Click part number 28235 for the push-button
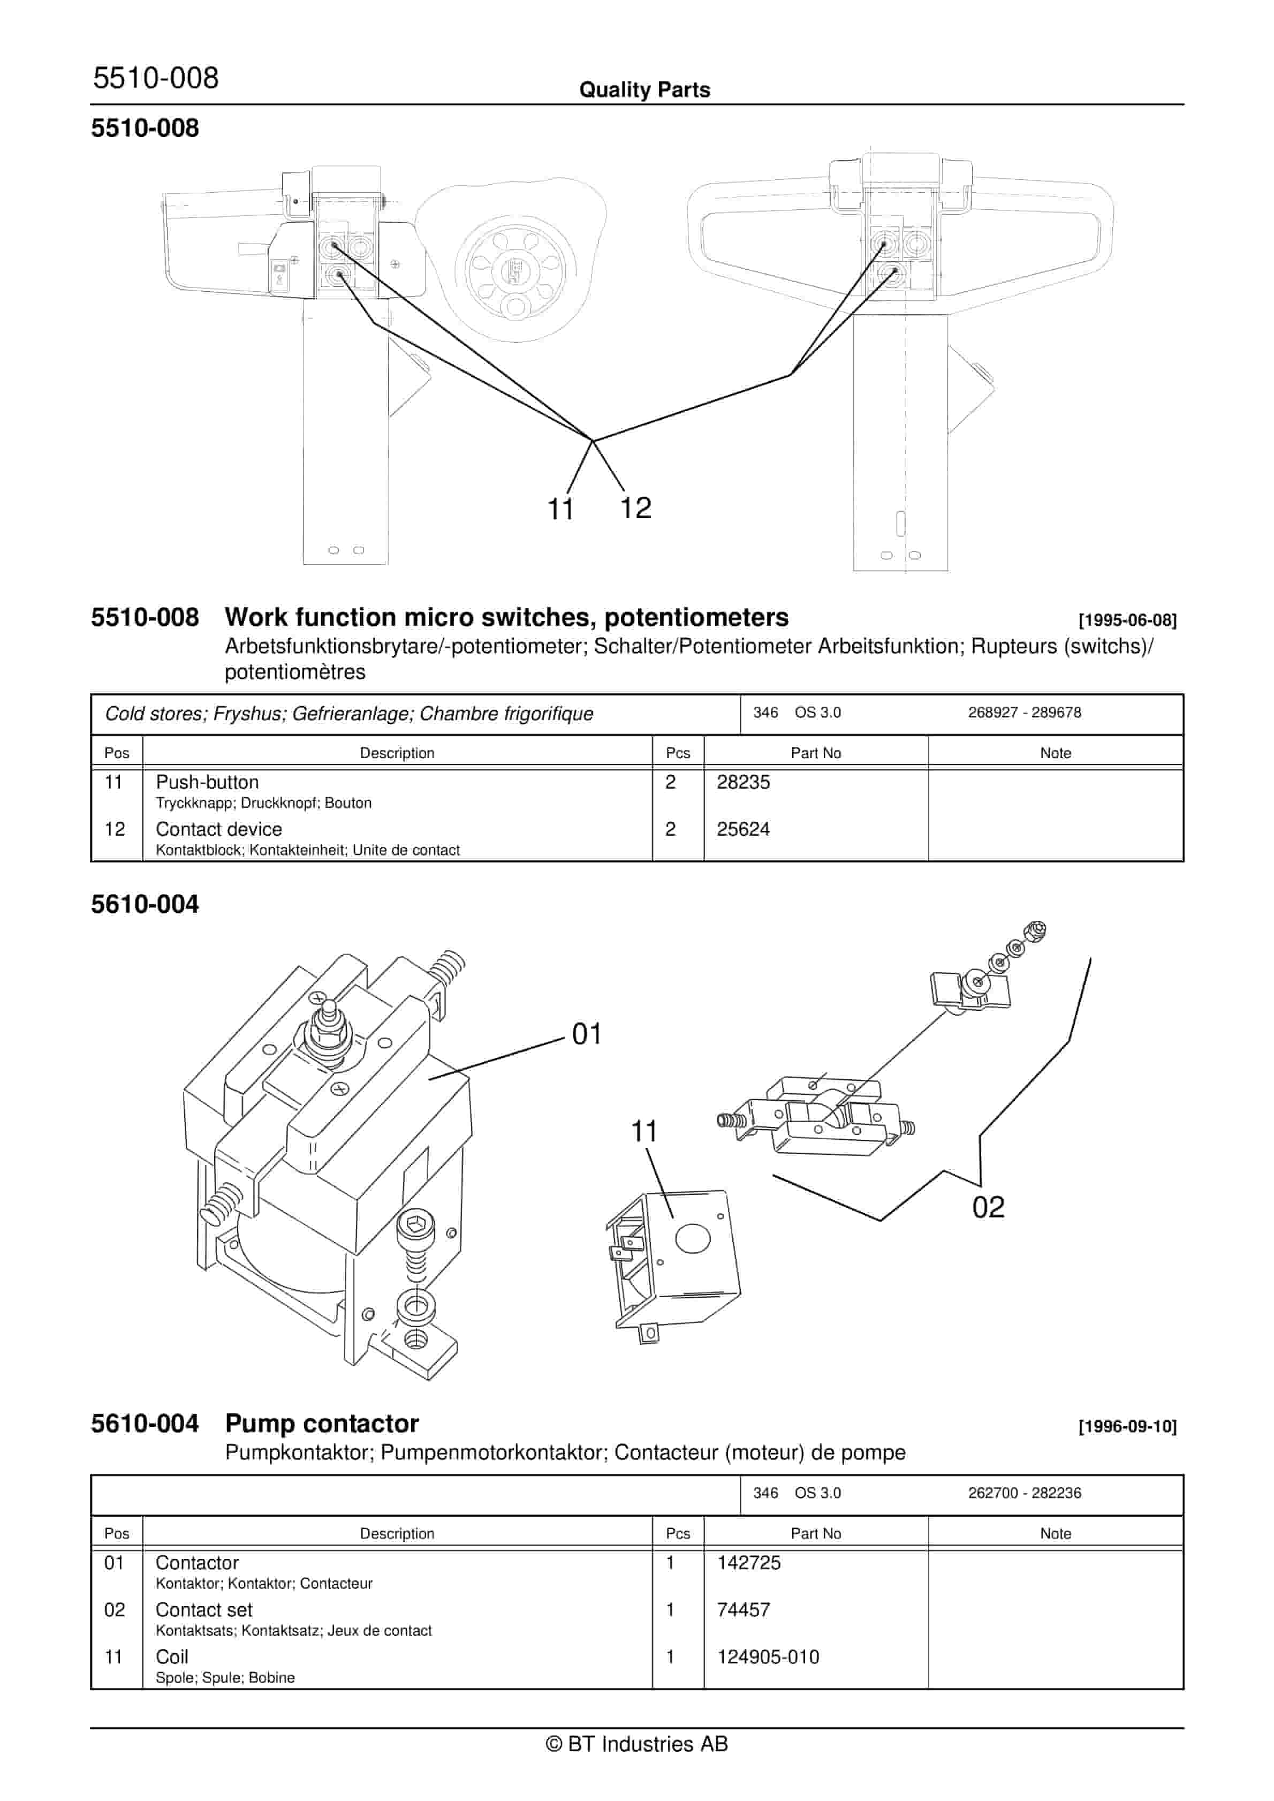tap(743, 782)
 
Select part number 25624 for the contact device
tap(743, 829)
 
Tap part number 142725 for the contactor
tap(748, 1563)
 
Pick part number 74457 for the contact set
tap(743, 1610)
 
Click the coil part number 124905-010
tap(767, 1656)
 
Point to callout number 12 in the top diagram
tap(635, 508)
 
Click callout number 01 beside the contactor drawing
tap(587, 1034)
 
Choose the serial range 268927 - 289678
tap(1023, 712)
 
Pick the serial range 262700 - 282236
tap(1023, 1493)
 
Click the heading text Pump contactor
tap(322, 1424)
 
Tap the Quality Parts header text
tap(644, 90)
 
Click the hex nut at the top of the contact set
tap(1035, 931)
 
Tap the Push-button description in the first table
tap(207, 782)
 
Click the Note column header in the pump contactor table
tap(1055, 1533)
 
